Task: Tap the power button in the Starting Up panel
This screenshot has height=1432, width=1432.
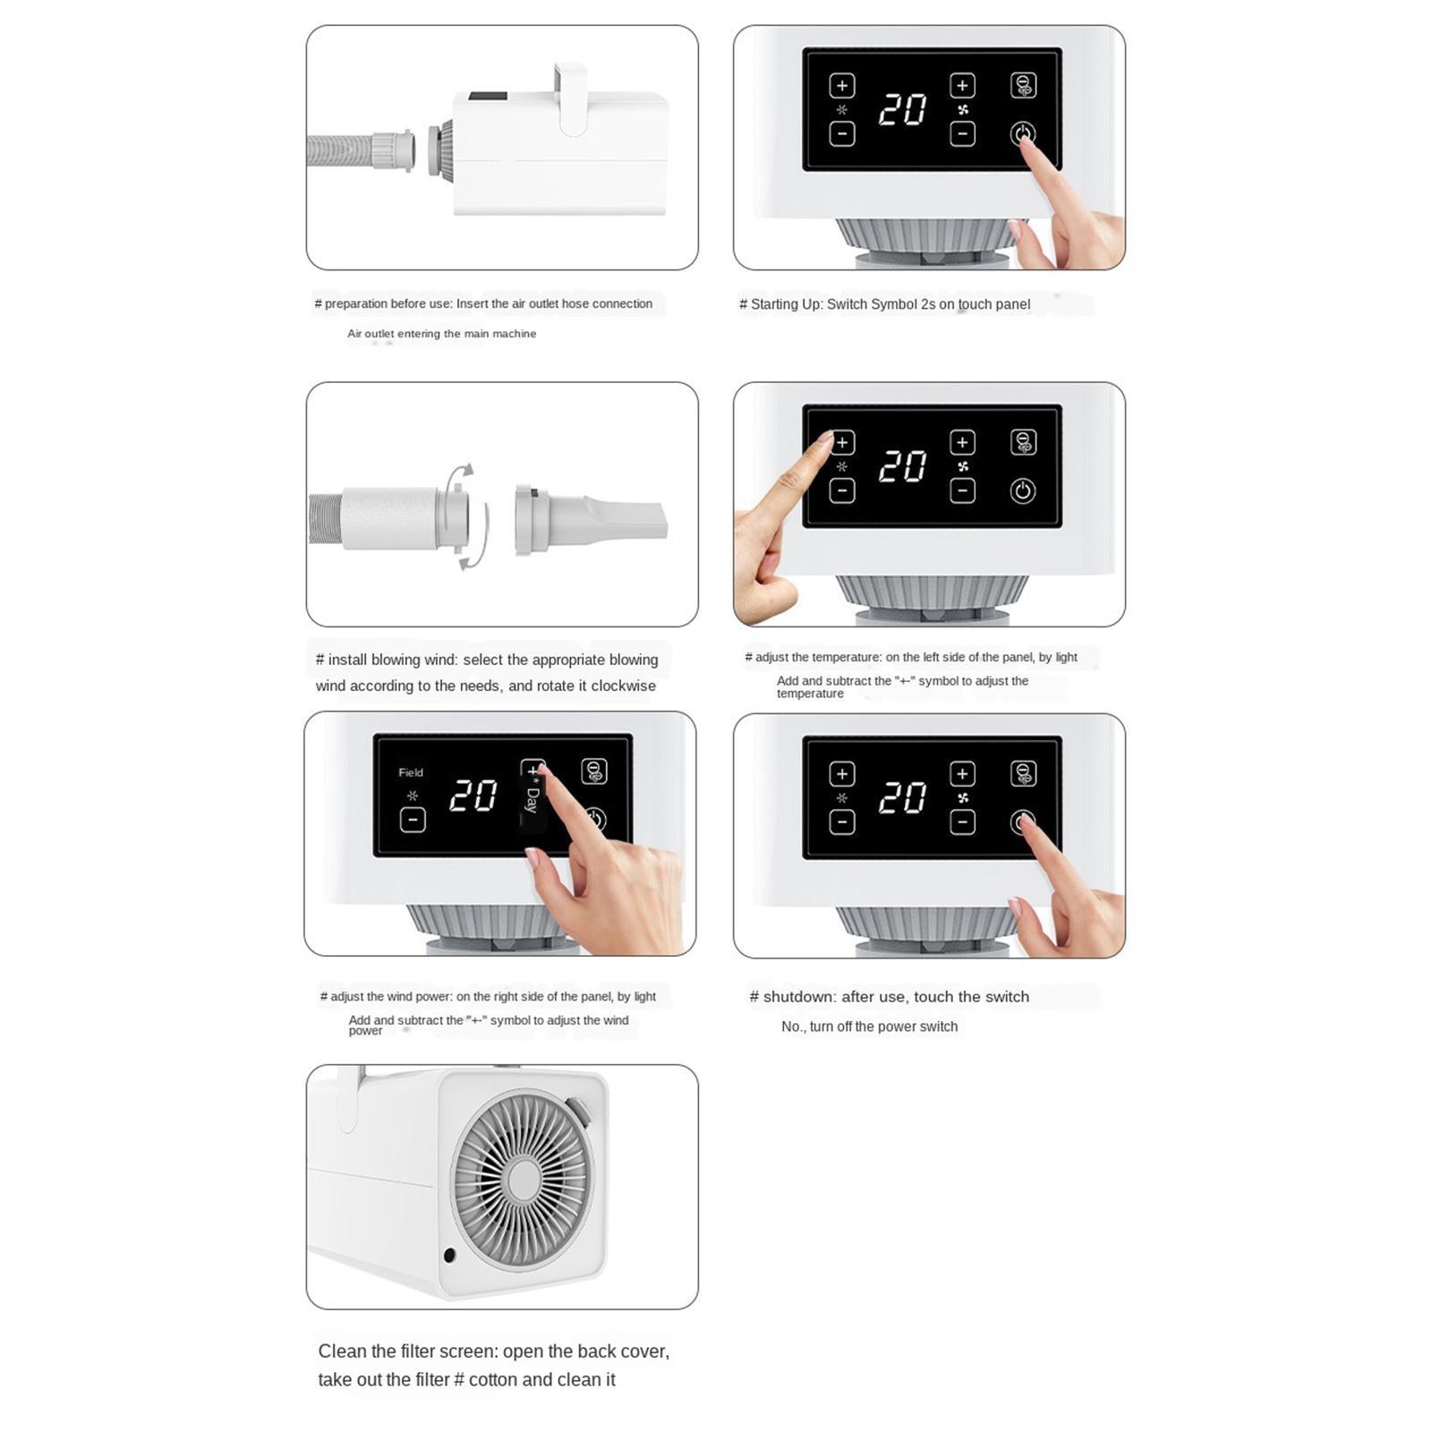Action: tap(1022, 133)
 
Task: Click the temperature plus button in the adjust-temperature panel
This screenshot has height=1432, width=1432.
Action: tap(842, 442)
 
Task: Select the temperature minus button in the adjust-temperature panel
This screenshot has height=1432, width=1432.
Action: tap(842, 490)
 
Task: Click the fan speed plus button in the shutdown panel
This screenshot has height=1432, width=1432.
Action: tap(962, 773)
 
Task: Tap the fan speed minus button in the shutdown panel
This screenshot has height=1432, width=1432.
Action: tap(962, 822)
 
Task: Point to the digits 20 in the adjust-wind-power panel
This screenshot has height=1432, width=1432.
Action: tap(473, 795)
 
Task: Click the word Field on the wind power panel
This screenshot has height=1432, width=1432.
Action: tap(411, 772)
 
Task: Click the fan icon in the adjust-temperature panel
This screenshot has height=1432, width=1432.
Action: tap(963, 466)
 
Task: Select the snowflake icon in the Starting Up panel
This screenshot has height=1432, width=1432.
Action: tap(841, 109)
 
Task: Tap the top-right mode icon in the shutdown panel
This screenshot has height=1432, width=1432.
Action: tap(1023, 773)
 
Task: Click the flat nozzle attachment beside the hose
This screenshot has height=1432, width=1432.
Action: tap(590, 521)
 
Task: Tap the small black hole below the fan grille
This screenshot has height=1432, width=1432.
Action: tap(449, 1256)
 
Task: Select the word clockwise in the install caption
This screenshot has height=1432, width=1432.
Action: tap(624, 686)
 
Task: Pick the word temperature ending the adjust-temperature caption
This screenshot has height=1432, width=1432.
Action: tap(810, 694)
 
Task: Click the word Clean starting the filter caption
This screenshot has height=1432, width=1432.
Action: tap(345, 1351)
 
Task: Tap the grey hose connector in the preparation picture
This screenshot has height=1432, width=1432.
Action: tap(392, 150)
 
